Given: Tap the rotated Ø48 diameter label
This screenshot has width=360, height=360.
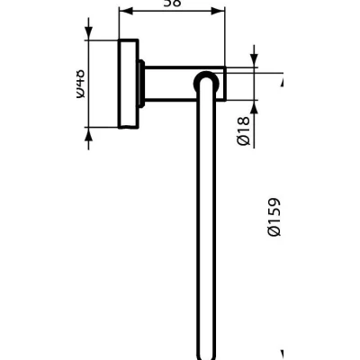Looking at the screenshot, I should (82, 85).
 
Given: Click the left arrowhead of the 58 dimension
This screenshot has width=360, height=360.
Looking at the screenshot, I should (124, 13).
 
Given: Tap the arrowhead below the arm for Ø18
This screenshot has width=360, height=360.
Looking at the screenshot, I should (253, 107).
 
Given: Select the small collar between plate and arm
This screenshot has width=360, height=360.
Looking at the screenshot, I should (142, 85).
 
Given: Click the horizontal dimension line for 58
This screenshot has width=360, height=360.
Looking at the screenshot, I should (171, 13).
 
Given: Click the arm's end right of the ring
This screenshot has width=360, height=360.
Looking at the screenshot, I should (220, 85).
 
